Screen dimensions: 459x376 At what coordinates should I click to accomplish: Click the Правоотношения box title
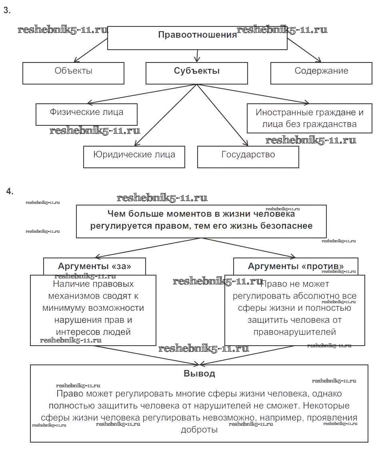pyautogui.click(x=197, y=35)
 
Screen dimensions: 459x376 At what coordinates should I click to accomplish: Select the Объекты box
pyautogui.click(x=74, y=71)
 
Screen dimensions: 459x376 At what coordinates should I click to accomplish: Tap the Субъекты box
pyautogui.click(x=197, y=71)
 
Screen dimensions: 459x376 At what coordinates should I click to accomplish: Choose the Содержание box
pyautogui.click(x=321, y=71)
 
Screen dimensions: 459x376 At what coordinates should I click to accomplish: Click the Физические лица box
pyautogui.click(x=86, y=112)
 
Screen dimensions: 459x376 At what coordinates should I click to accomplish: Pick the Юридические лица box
pyautogui.click(x=134, y=155)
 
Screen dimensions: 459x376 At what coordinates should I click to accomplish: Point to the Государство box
pyautogui.click(x=248, y=155)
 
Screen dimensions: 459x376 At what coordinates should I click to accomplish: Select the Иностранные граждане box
pyautogui.click(x=310, y=118)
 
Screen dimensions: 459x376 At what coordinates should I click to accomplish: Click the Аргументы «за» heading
pyautogui.click(x=94, y=266)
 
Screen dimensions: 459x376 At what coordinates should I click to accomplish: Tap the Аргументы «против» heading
pyautogui.click(x=296, y=266)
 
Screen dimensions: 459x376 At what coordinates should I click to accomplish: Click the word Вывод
pyautogui.click(x=199, y=374)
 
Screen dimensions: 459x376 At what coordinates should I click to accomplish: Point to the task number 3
pyautogui.click(x=7, y=11)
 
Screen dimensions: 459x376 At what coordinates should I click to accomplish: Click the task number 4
pyautogui.click(x=10, y=191)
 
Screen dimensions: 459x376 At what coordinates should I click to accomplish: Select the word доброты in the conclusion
pyautogui.click(x=199, y=430)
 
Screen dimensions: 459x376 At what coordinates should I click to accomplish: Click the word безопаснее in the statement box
pyautogui.click(x=286, y=226)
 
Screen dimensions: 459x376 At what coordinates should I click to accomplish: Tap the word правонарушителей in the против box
pyautogui.click(x=294, y=332)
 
